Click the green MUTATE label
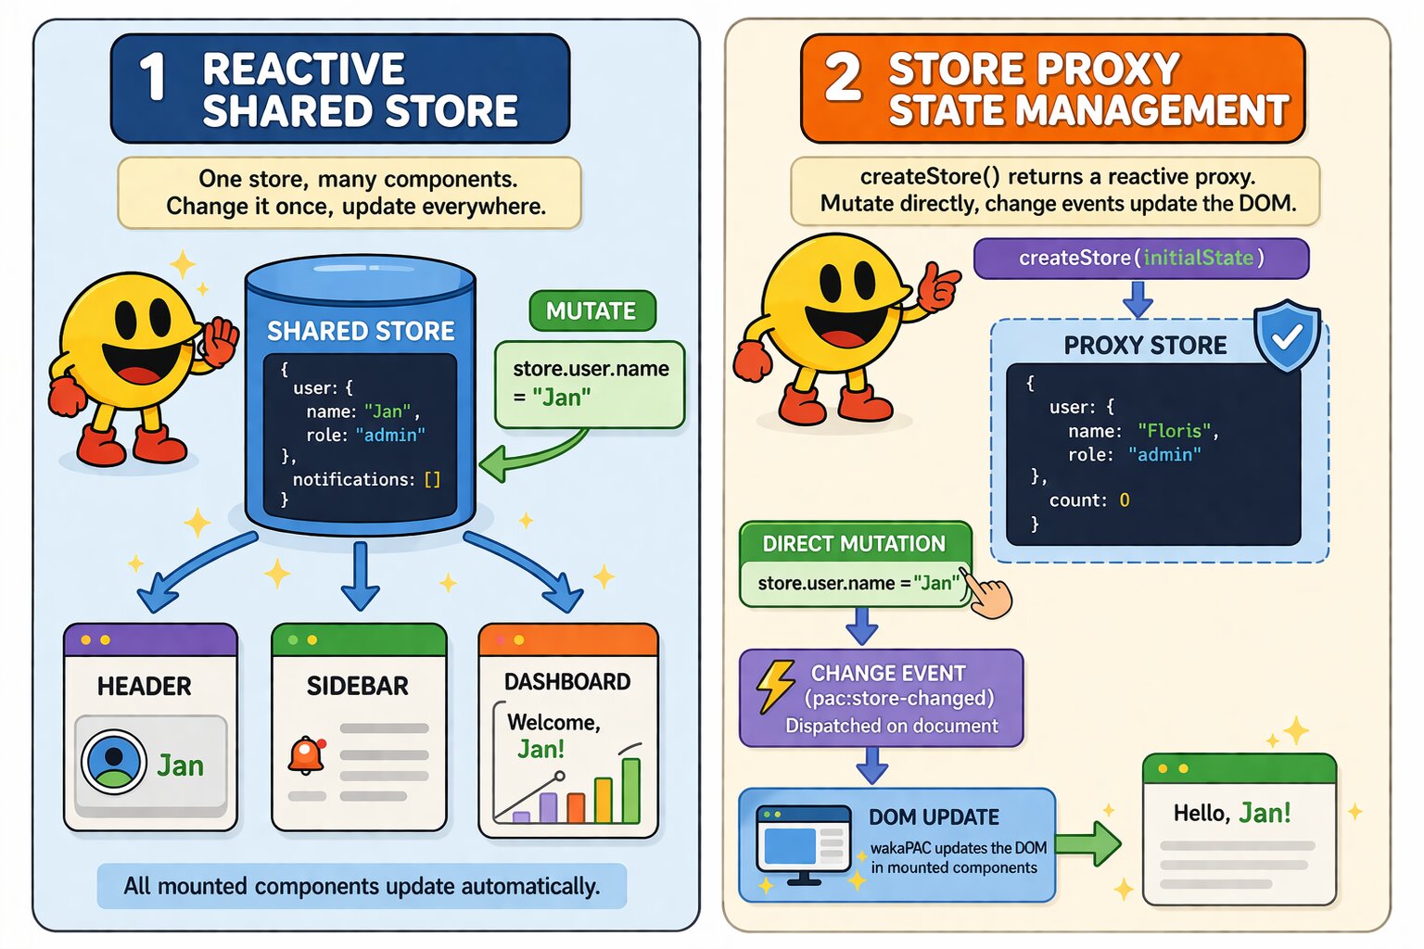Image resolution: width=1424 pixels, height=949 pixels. [591, 311]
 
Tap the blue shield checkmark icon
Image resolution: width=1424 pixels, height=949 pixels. [1287, 335]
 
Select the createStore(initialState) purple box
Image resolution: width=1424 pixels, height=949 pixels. [1140, 258]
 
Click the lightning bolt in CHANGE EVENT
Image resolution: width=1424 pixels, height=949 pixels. [775, 686]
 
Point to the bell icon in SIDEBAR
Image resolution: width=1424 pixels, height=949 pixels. [306, 755]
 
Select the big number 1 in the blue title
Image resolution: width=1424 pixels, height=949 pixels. [153, 77]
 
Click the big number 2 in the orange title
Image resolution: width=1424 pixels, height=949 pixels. [843, 77]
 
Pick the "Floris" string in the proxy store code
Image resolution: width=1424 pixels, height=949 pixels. [1175, 431]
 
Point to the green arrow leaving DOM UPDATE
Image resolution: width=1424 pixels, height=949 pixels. [1088, 843]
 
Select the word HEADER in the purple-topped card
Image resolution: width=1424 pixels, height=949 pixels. [145, 687]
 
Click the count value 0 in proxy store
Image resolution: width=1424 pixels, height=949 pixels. [1125, 500]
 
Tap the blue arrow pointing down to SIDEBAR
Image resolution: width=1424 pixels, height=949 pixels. [360, 576]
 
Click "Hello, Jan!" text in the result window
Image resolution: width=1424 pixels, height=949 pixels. [1231, 814]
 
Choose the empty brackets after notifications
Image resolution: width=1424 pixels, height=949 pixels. [432, 479]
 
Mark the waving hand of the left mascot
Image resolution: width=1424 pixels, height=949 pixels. [220, 341]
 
